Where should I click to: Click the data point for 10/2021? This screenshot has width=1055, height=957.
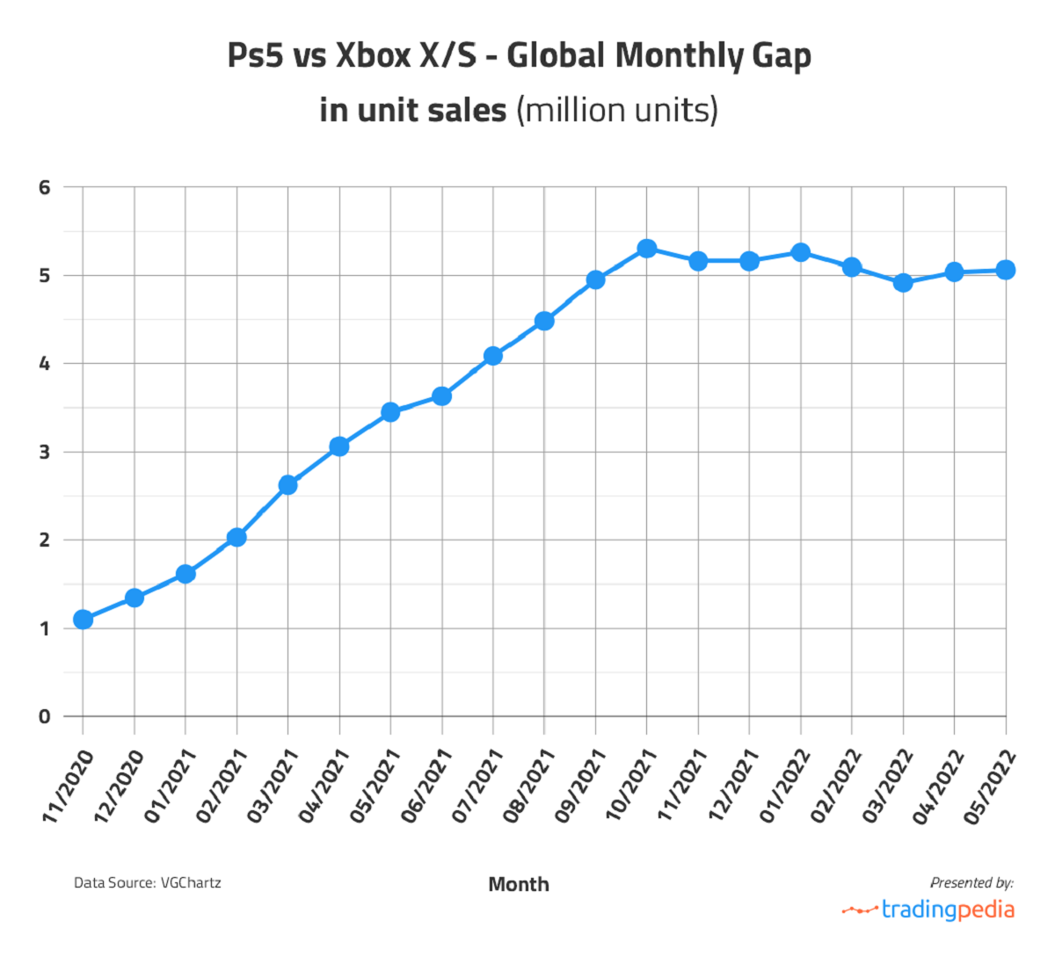[647, 249]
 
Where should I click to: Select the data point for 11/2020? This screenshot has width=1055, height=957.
[84, 620]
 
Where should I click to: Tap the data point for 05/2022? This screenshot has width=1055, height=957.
[1006, 270]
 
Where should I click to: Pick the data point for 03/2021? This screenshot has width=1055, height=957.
[287, 485]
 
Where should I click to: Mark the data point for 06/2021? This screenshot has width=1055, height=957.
[442, 396]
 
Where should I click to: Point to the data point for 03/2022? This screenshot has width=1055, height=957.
[903, 283]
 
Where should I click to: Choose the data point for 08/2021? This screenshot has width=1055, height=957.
[544, 321]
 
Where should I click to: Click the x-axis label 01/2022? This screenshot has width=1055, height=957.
[784, 787]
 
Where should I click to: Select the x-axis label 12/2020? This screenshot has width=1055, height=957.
[119, 787]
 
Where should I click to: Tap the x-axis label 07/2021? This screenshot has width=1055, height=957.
[477, 787]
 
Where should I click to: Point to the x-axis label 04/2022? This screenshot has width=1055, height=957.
[938, 787]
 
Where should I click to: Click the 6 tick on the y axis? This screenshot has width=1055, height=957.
[45, 187]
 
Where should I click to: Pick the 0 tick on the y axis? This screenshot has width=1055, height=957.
[45, 716]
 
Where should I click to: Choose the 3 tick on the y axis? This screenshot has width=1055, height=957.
[45, 452]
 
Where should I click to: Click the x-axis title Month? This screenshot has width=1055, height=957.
[519, 884]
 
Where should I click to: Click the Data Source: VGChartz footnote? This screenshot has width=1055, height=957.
[148, 882]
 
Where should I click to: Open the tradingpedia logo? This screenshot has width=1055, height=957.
[928, 910]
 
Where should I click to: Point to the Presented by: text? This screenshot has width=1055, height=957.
[971, 882]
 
